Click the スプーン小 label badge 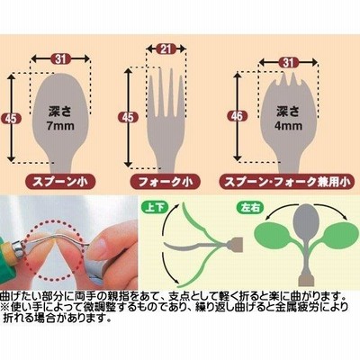point(60,182)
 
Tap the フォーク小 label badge point(166,182)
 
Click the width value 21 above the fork point(166,49)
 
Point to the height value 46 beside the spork point(237,116)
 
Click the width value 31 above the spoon point(60,58)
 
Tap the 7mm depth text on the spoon point(60,125)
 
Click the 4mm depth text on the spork point(288,125)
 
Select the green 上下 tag point(155,207)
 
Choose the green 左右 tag point(250,208)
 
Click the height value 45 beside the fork point(128,117)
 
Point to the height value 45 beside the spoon point(12,119)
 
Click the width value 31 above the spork point(288,62)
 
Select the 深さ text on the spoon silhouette point(60,112)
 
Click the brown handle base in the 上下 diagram point(236,244)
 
